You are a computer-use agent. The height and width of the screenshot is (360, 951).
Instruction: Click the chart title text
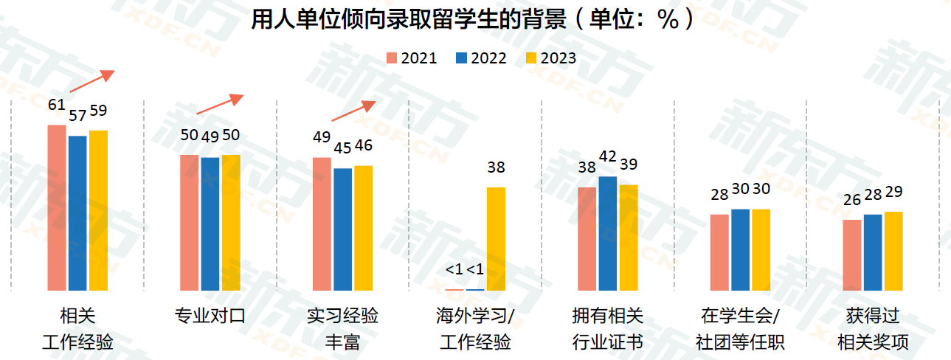tap(473, 19)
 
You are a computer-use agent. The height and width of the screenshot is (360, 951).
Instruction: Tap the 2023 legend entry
tap(550, 58)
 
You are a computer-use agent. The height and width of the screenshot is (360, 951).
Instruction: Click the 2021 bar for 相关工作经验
tap(57, 207)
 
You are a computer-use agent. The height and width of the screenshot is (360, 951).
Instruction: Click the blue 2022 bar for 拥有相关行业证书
tap(608, 233)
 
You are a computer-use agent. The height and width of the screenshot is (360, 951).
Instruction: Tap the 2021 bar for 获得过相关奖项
tap(852, 255)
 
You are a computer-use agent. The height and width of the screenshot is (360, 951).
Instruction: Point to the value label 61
tap(57, 105)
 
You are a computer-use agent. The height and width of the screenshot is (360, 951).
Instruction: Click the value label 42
tap(607, 156)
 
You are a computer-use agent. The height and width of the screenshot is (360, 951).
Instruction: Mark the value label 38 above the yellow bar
tap(496, 167)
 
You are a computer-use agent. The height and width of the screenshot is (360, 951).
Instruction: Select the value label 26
tap(852, 200)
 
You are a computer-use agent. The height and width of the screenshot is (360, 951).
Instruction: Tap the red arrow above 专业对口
tap(219, 104)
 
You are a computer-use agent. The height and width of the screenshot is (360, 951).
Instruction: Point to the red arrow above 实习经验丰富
tap(353, 111)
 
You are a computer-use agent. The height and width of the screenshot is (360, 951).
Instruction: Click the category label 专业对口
tap(210, 317)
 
